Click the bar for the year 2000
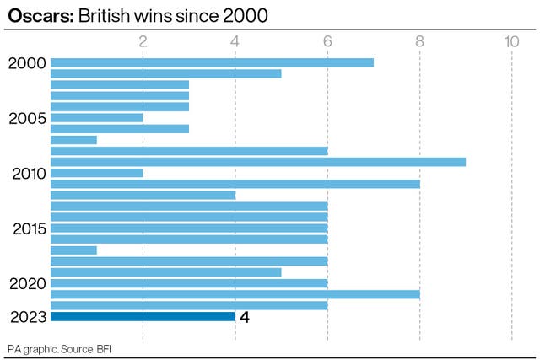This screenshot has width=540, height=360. point(212,62)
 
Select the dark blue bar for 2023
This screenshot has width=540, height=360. point(143,317)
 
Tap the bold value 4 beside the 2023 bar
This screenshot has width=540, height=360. point(245,317)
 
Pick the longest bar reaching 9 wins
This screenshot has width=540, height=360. point(258,162)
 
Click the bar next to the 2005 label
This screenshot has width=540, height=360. point(97,118)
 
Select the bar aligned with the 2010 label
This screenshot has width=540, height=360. point(97,173)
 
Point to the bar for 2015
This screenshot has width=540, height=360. point(189,228)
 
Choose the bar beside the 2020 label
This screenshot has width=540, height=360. point(189,283)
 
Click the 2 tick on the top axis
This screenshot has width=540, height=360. point(143,41)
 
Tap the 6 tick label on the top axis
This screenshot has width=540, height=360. point(327,41)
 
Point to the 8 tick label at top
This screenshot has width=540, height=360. point(419,41)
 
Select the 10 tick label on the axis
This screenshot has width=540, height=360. point(511,41)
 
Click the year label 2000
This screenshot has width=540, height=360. point(27,63)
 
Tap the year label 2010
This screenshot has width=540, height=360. point(29,174)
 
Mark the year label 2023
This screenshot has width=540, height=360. point(28,317)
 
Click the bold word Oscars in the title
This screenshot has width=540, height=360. point(41,16)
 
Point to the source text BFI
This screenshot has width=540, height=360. point(104,349)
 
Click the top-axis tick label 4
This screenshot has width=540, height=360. point(235,41)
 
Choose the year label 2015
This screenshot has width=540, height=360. point(30,228)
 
